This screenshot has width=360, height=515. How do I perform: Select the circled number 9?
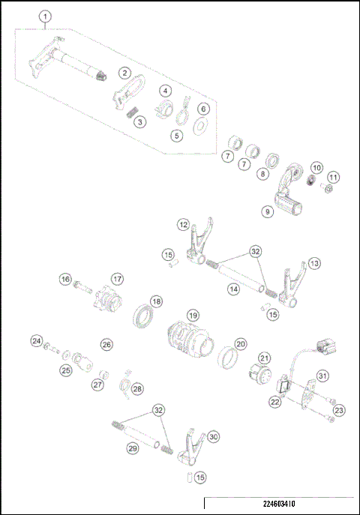point(268,212)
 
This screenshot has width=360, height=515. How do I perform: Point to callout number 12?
point(182,224)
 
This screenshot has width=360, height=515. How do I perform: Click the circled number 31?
point(322,376)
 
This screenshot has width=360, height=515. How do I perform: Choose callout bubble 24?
point(36,342)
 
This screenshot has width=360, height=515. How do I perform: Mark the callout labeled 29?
point(132,448)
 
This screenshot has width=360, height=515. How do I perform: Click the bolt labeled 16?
point(82,286)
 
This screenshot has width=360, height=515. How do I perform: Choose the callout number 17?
point(117,279)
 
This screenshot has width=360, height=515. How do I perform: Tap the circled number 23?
point(339,410)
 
